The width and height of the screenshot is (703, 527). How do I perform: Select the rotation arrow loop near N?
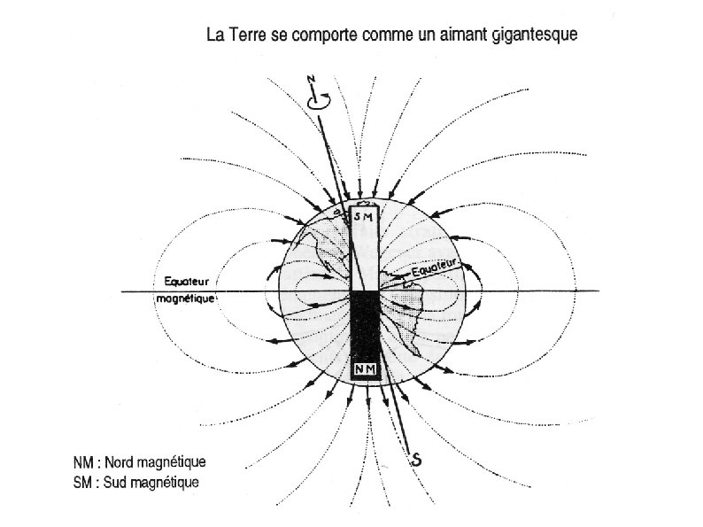(316, 102)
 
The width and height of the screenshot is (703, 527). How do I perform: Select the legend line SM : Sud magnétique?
(136, 483)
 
